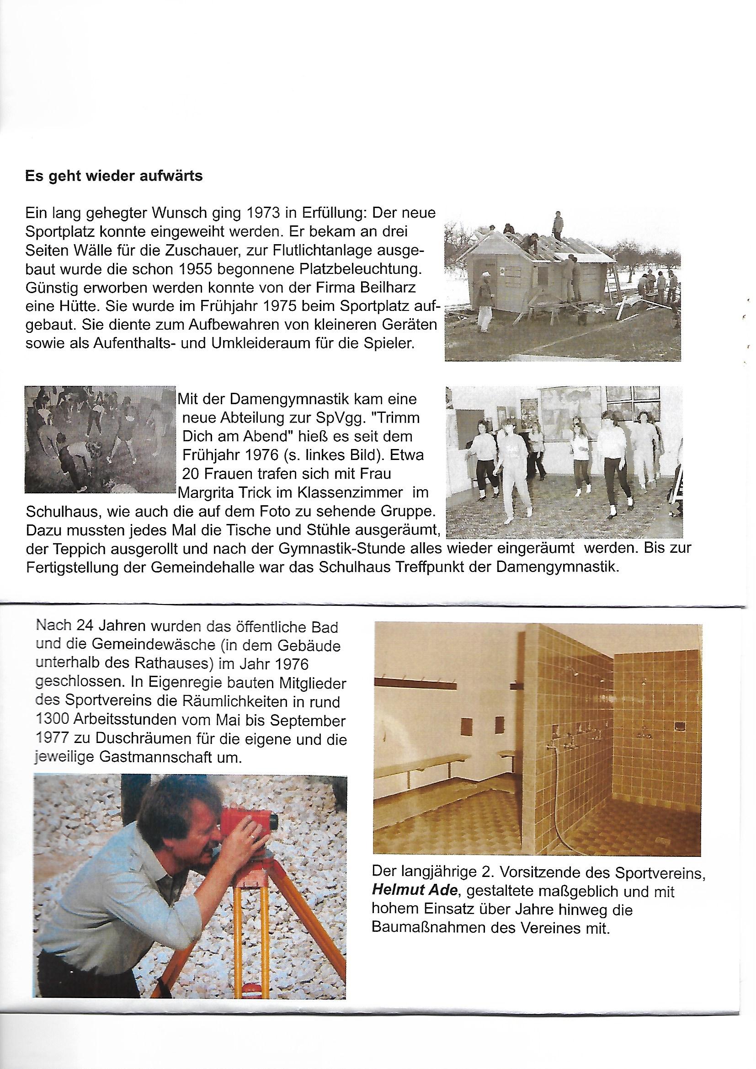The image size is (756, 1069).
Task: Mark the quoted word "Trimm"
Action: pos(401,418)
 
